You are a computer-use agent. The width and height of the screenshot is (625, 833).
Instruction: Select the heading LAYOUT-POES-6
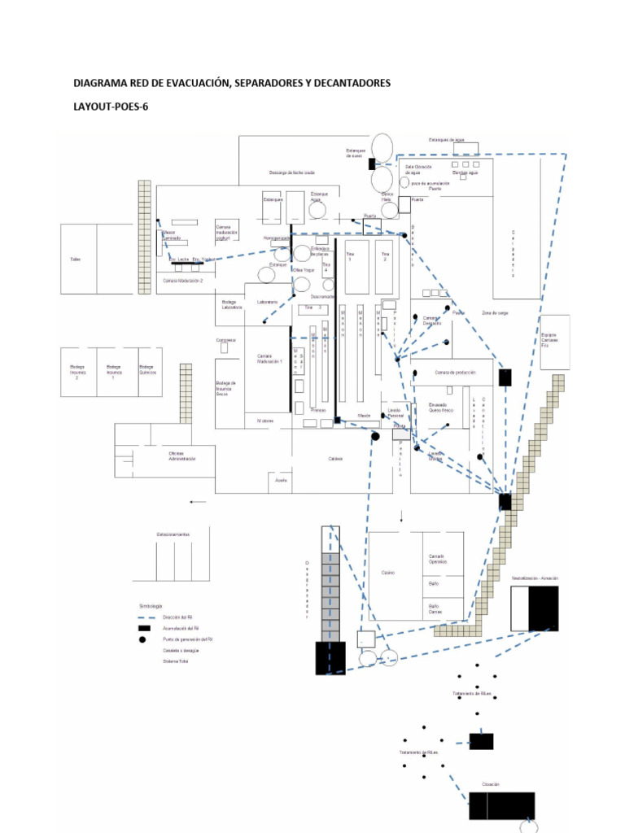[x=111, y=107]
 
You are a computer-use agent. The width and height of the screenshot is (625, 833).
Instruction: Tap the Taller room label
[x=76, y=259]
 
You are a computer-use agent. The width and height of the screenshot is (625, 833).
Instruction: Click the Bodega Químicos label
[x=146, y=369]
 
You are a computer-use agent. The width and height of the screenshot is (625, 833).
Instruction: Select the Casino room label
[x=388, y=573]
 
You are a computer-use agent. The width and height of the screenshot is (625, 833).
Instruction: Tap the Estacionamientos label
[x=173, y=534]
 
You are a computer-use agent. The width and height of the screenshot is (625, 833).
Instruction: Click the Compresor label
[x=226, y=340]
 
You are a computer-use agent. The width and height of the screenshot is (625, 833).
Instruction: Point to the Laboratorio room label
[x=268, y=302]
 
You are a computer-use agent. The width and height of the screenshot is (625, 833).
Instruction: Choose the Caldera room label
[x=335, y=459]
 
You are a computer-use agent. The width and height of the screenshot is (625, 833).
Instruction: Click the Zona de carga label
[x=495, y=313]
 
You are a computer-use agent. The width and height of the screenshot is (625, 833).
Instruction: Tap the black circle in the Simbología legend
[x=142, y=639]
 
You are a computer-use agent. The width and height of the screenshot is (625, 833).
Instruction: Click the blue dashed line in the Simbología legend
[x=142, y=618]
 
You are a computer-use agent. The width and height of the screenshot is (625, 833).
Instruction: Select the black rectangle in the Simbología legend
[x=143, y=629]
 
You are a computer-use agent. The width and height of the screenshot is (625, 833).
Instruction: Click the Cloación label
[x=490, y=784]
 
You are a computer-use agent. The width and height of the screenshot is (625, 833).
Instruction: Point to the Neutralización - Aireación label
[x=534, y=578]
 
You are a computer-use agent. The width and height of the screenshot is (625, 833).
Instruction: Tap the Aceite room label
[x=282, y=481]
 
